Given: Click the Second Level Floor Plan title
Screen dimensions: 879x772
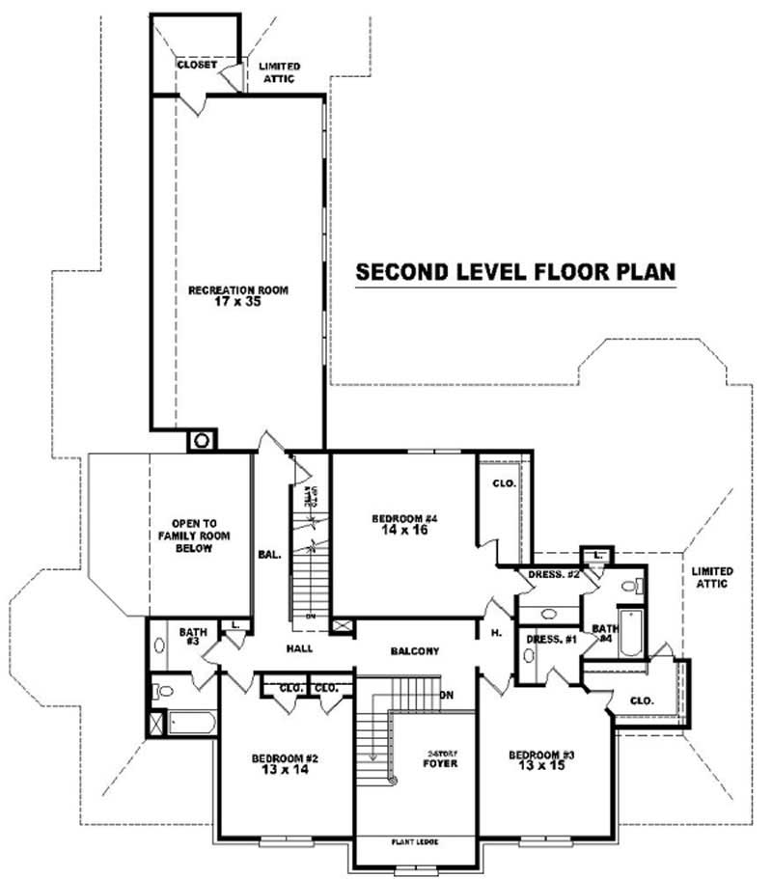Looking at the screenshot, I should [515, 272].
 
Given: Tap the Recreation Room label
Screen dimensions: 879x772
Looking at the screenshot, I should [237, 288].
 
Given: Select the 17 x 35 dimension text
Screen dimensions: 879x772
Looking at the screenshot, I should [237, 301].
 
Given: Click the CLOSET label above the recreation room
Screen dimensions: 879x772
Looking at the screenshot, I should [196, 65].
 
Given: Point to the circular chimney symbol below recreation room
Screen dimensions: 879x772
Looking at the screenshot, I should [203, 441].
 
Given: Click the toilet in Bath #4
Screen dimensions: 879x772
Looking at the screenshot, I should [629, 585].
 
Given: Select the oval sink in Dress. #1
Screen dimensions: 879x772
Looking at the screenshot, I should [528, 655].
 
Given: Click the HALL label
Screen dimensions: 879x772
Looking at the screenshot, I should [298, 649].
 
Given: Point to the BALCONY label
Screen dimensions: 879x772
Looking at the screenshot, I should [415, 651].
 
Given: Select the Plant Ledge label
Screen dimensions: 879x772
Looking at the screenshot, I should [415, 841].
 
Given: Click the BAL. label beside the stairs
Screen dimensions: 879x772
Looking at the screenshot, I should [269, 555].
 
